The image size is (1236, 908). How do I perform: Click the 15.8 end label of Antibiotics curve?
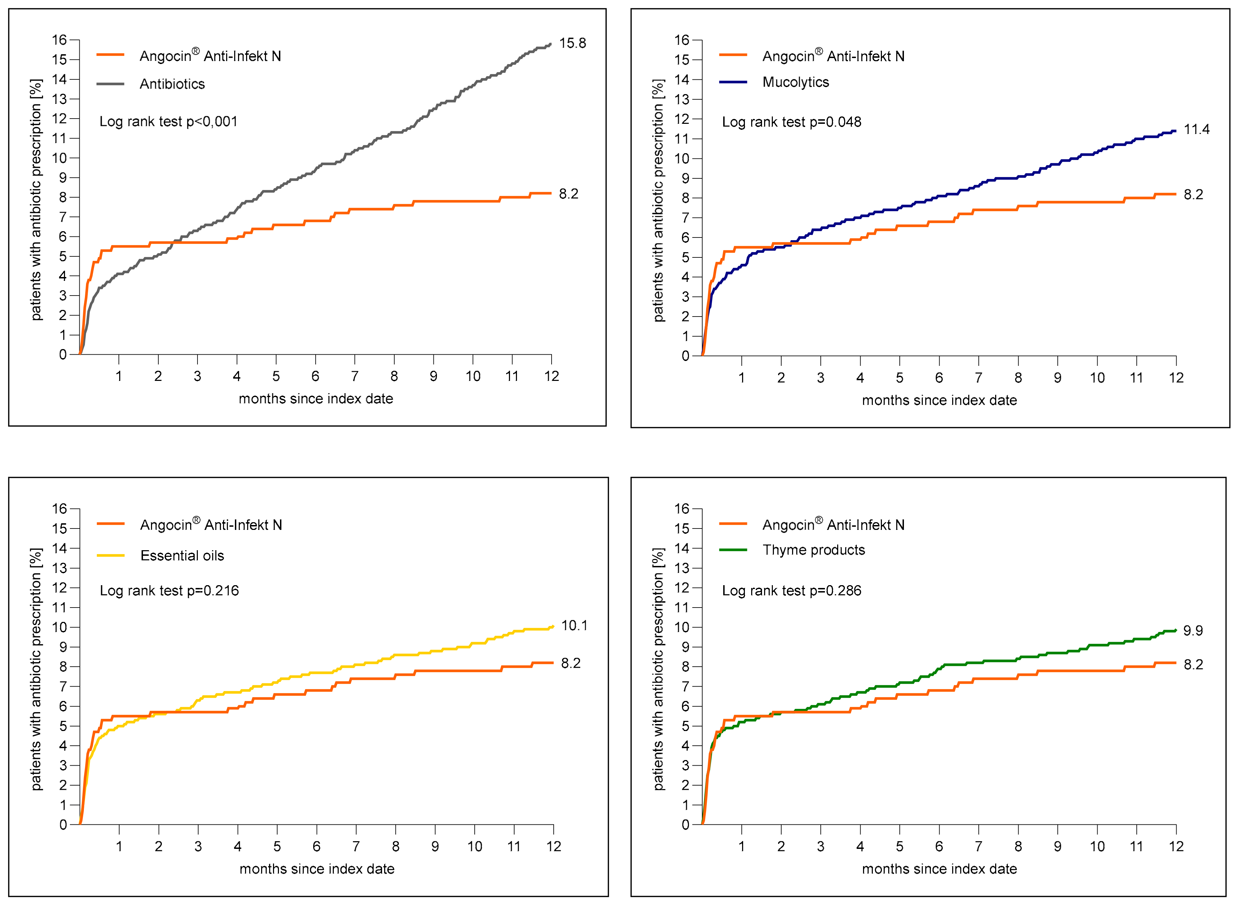[573, 43]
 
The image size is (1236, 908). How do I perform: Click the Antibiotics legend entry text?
[172, 84]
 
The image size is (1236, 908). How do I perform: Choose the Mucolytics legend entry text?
[796, 83]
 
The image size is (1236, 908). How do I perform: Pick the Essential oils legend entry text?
[182, 556]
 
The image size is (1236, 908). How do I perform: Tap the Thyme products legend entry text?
[813, 550]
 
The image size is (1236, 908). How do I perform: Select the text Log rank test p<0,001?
[168, 121]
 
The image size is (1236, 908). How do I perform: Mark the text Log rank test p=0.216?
[169, 591]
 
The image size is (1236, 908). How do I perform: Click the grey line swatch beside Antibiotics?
[110, 84]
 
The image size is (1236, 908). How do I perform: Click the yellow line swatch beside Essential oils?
[110, 556]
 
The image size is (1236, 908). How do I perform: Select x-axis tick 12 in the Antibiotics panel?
[552, 376]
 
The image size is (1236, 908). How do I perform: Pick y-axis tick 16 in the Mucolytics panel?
[681, 40]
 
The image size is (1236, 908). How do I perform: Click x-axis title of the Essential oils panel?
[317, 869]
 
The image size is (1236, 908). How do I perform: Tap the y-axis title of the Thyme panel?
[658, 669]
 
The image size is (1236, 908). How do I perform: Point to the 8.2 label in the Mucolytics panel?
[1193, 194]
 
